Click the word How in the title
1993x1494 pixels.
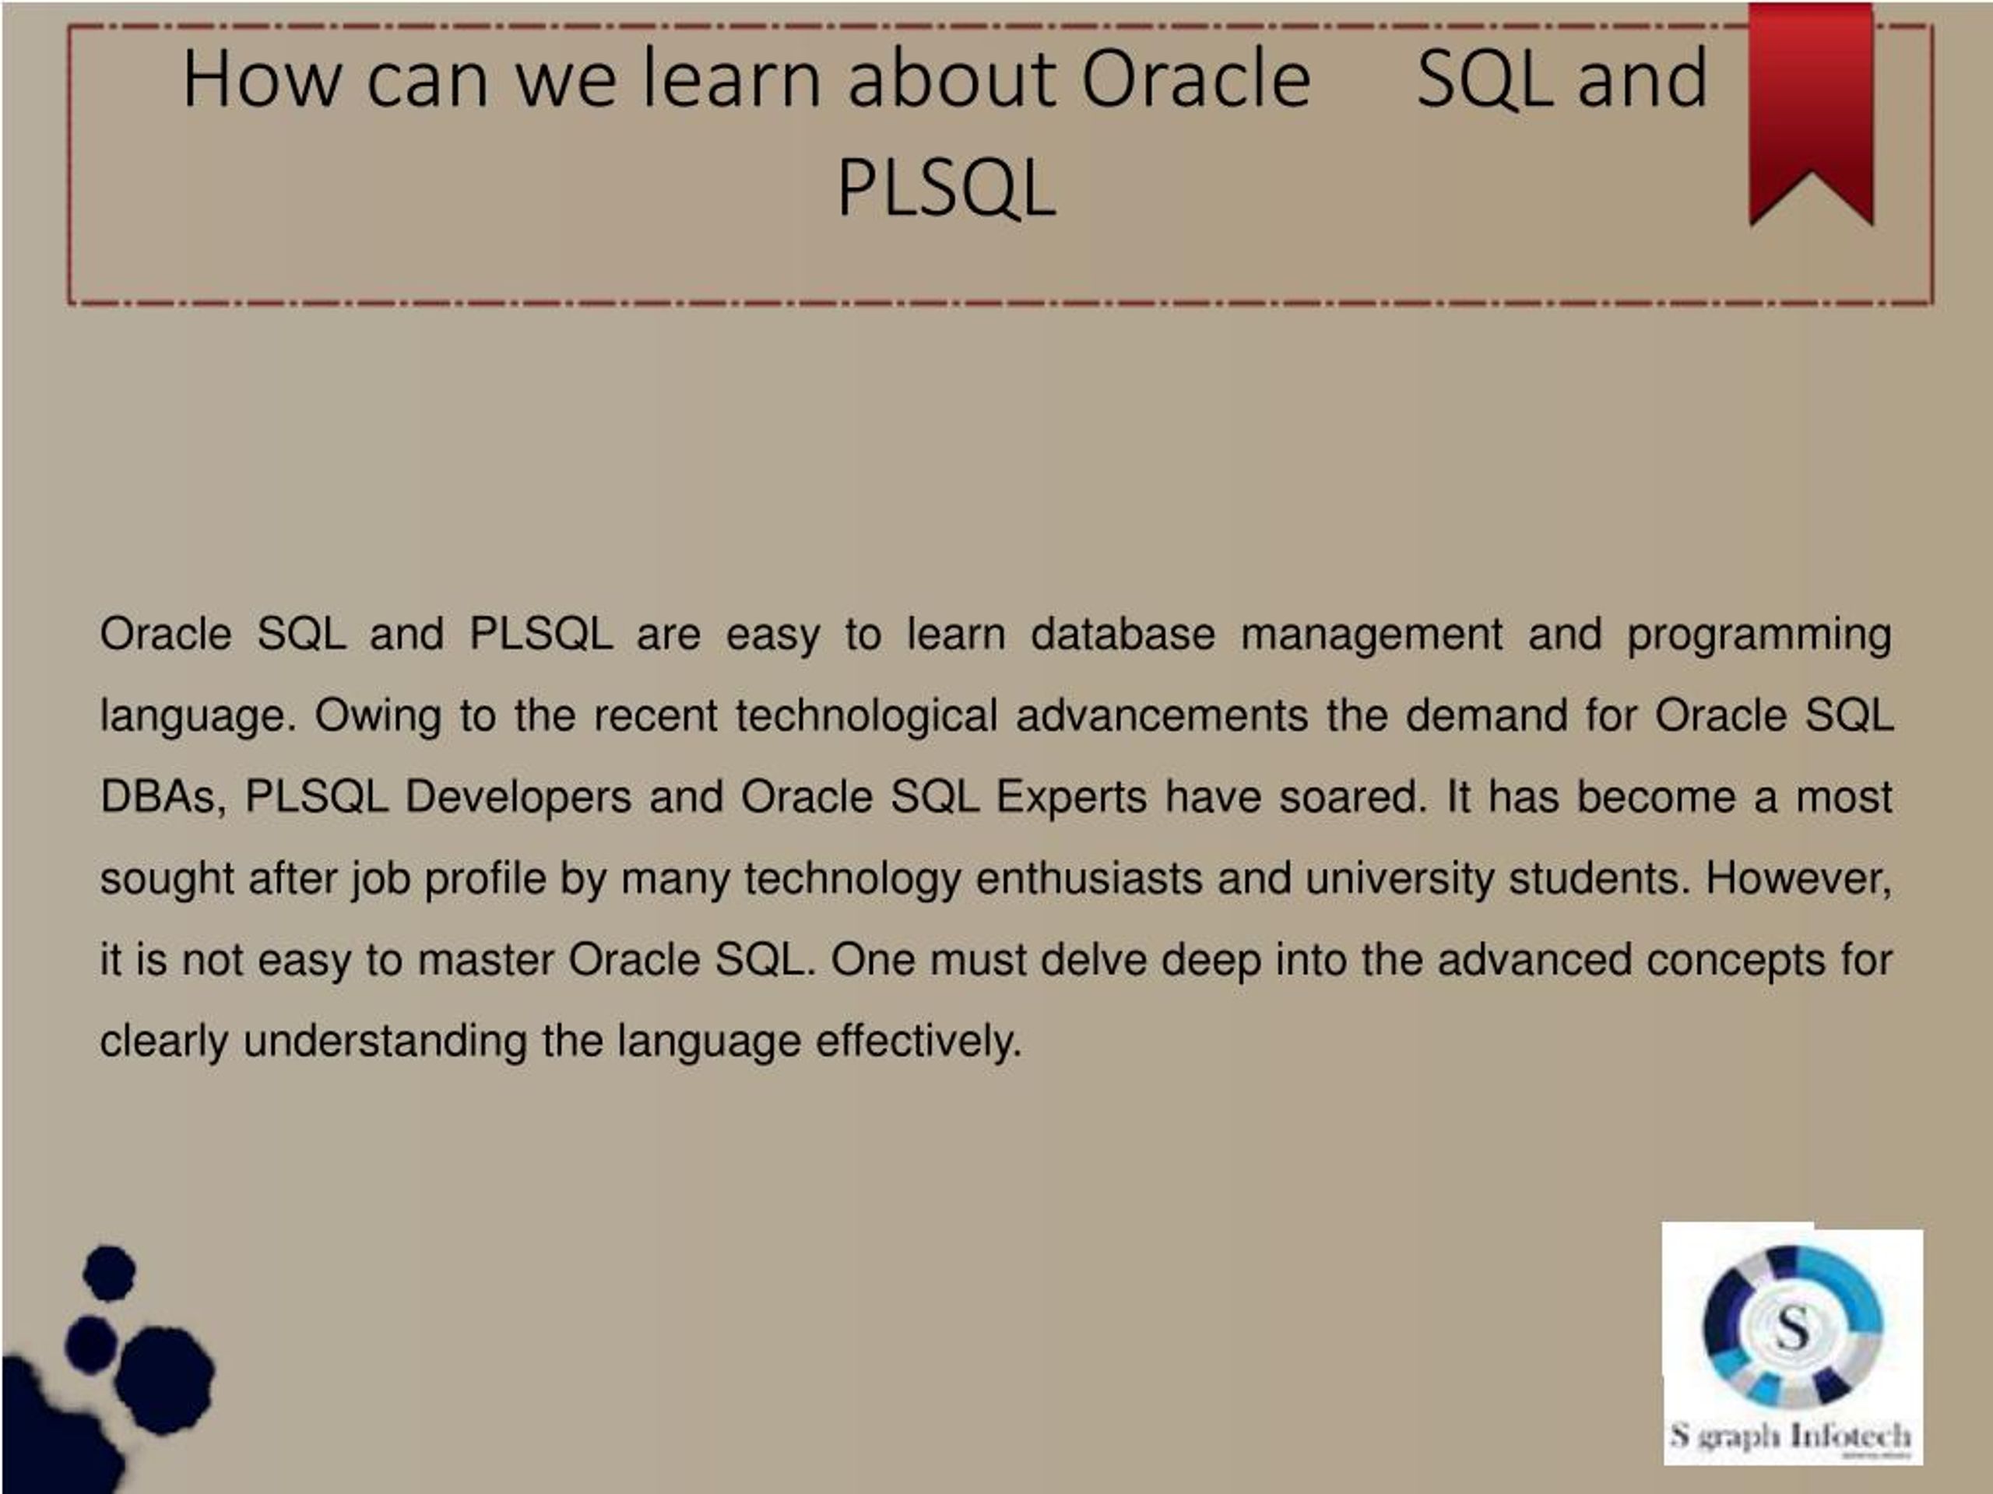pos(262,79)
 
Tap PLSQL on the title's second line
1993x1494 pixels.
pos(946,188)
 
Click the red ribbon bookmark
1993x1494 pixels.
pos(1811,113)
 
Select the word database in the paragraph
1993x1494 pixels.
pos(1123,634)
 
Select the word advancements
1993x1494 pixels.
pos(1162,715)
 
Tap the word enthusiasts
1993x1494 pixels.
pos(1089,878)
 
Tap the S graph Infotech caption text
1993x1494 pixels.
pos(1791,1436)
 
